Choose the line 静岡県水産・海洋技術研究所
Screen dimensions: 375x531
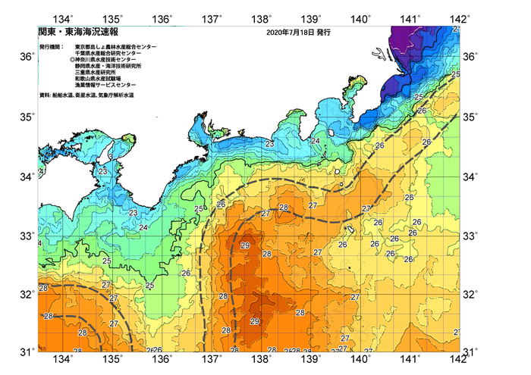coord(111,66)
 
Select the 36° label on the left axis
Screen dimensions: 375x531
coord(26,57)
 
